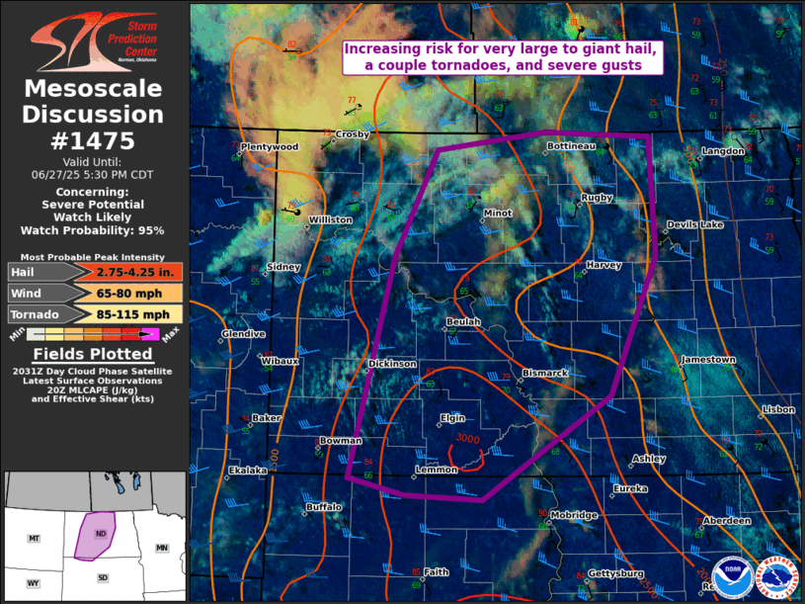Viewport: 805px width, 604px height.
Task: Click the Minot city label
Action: [x=497, y=214]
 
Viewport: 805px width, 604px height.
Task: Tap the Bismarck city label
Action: [x=544, y=373]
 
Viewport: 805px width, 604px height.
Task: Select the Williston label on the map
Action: [x=330, y=219]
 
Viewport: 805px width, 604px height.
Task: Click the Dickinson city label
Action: [x=392, y=364]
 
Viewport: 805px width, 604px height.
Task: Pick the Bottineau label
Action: [x=571, y=146]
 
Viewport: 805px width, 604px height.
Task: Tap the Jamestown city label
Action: [x=708, y=360]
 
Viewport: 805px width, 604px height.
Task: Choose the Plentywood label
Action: [x=269, y=146]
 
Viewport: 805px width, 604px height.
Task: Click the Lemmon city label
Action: [x=436, y=470]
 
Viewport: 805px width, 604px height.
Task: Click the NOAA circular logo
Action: [x=732, y=576]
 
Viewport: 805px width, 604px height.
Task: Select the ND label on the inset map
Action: [x=100, y=534]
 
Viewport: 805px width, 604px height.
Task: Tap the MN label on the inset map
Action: [x=162, y=547]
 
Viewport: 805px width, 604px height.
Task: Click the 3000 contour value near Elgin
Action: [x=468, y=438]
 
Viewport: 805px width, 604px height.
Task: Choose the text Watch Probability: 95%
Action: [x=95, y=230]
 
